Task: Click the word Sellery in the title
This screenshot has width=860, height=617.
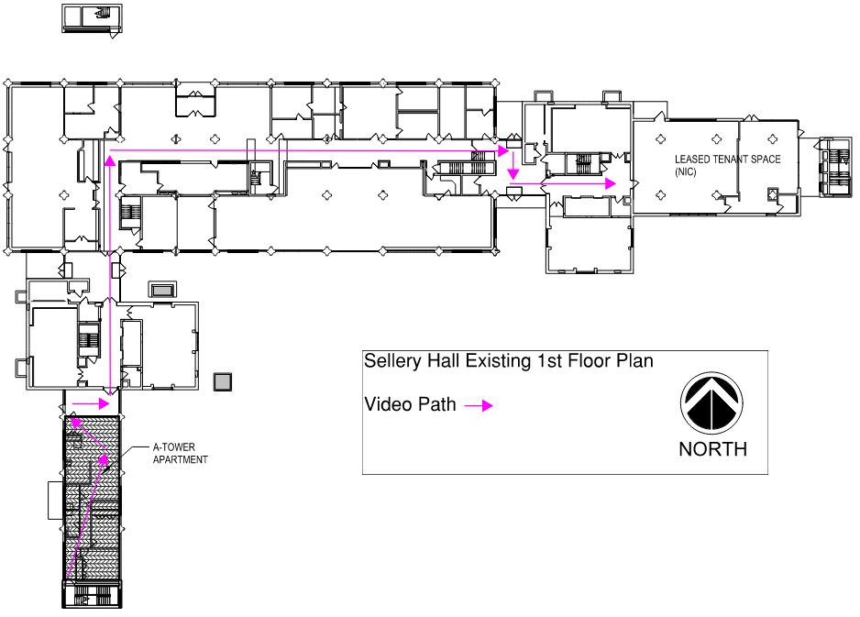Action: coord(391,361)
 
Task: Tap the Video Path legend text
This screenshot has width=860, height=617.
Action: coord(410,404)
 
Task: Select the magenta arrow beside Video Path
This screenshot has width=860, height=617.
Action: coord(479,406)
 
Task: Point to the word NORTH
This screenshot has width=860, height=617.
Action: coord(712,449)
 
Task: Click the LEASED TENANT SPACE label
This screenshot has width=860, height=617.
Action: coord(727,160)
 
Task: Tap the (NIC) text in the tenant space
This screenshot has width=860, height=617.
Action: coord(687,171)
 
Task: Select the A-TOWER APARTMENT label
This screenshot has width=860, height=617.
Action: coord(180,453)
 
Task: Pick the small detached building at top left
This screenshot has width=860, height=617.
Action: coord(93,18)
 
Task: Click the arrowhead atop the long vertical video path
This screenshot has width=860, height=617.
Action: coord(110,160)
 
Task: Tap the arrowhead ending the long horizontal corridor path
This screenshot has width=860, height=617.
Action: coord(503,149)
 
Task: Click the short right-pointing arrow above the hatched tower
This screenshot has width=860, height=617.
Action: coord(92,402)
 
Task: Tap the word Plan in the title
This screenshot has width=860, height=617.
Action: coord(635,361)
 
